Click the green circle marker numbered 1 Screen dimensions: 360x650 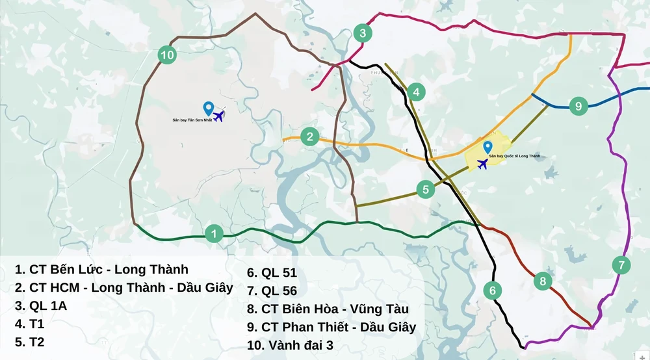[214, 234]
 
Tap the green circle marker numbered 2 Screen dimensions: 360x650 [311, 136]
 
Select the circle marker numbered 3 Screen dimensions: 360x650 [363, 33]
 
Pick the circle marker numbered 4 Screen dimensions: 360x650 [416, 92]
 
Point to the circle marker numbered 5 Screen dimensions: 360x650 [426, 190]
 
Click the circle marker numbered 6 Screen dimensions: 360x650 [493, 290]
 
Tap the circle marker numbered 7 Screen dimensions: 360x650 [621, 265]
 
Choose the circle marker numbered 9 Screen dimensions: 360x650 [578, 105]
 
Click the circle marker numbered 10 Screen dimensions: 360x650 [167, 55]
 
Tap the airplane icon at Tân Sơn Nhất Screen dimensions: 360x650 [218, 116]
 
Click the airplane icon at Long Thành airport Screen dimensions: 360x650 [482, 164]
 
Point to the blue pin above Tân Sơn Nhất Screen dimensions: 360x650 [208, 108]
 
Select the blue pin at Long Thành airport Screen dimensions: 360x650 [487, 147]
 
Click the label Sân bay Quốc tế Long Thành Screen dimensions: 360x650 [514, 157]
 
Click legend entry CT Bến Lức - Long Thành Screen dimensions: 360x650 [101, 269]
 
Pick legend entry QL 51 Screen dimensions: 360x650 [272, 273]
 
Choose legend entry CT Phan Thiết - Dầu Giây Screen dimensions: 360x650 [331, 327]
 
